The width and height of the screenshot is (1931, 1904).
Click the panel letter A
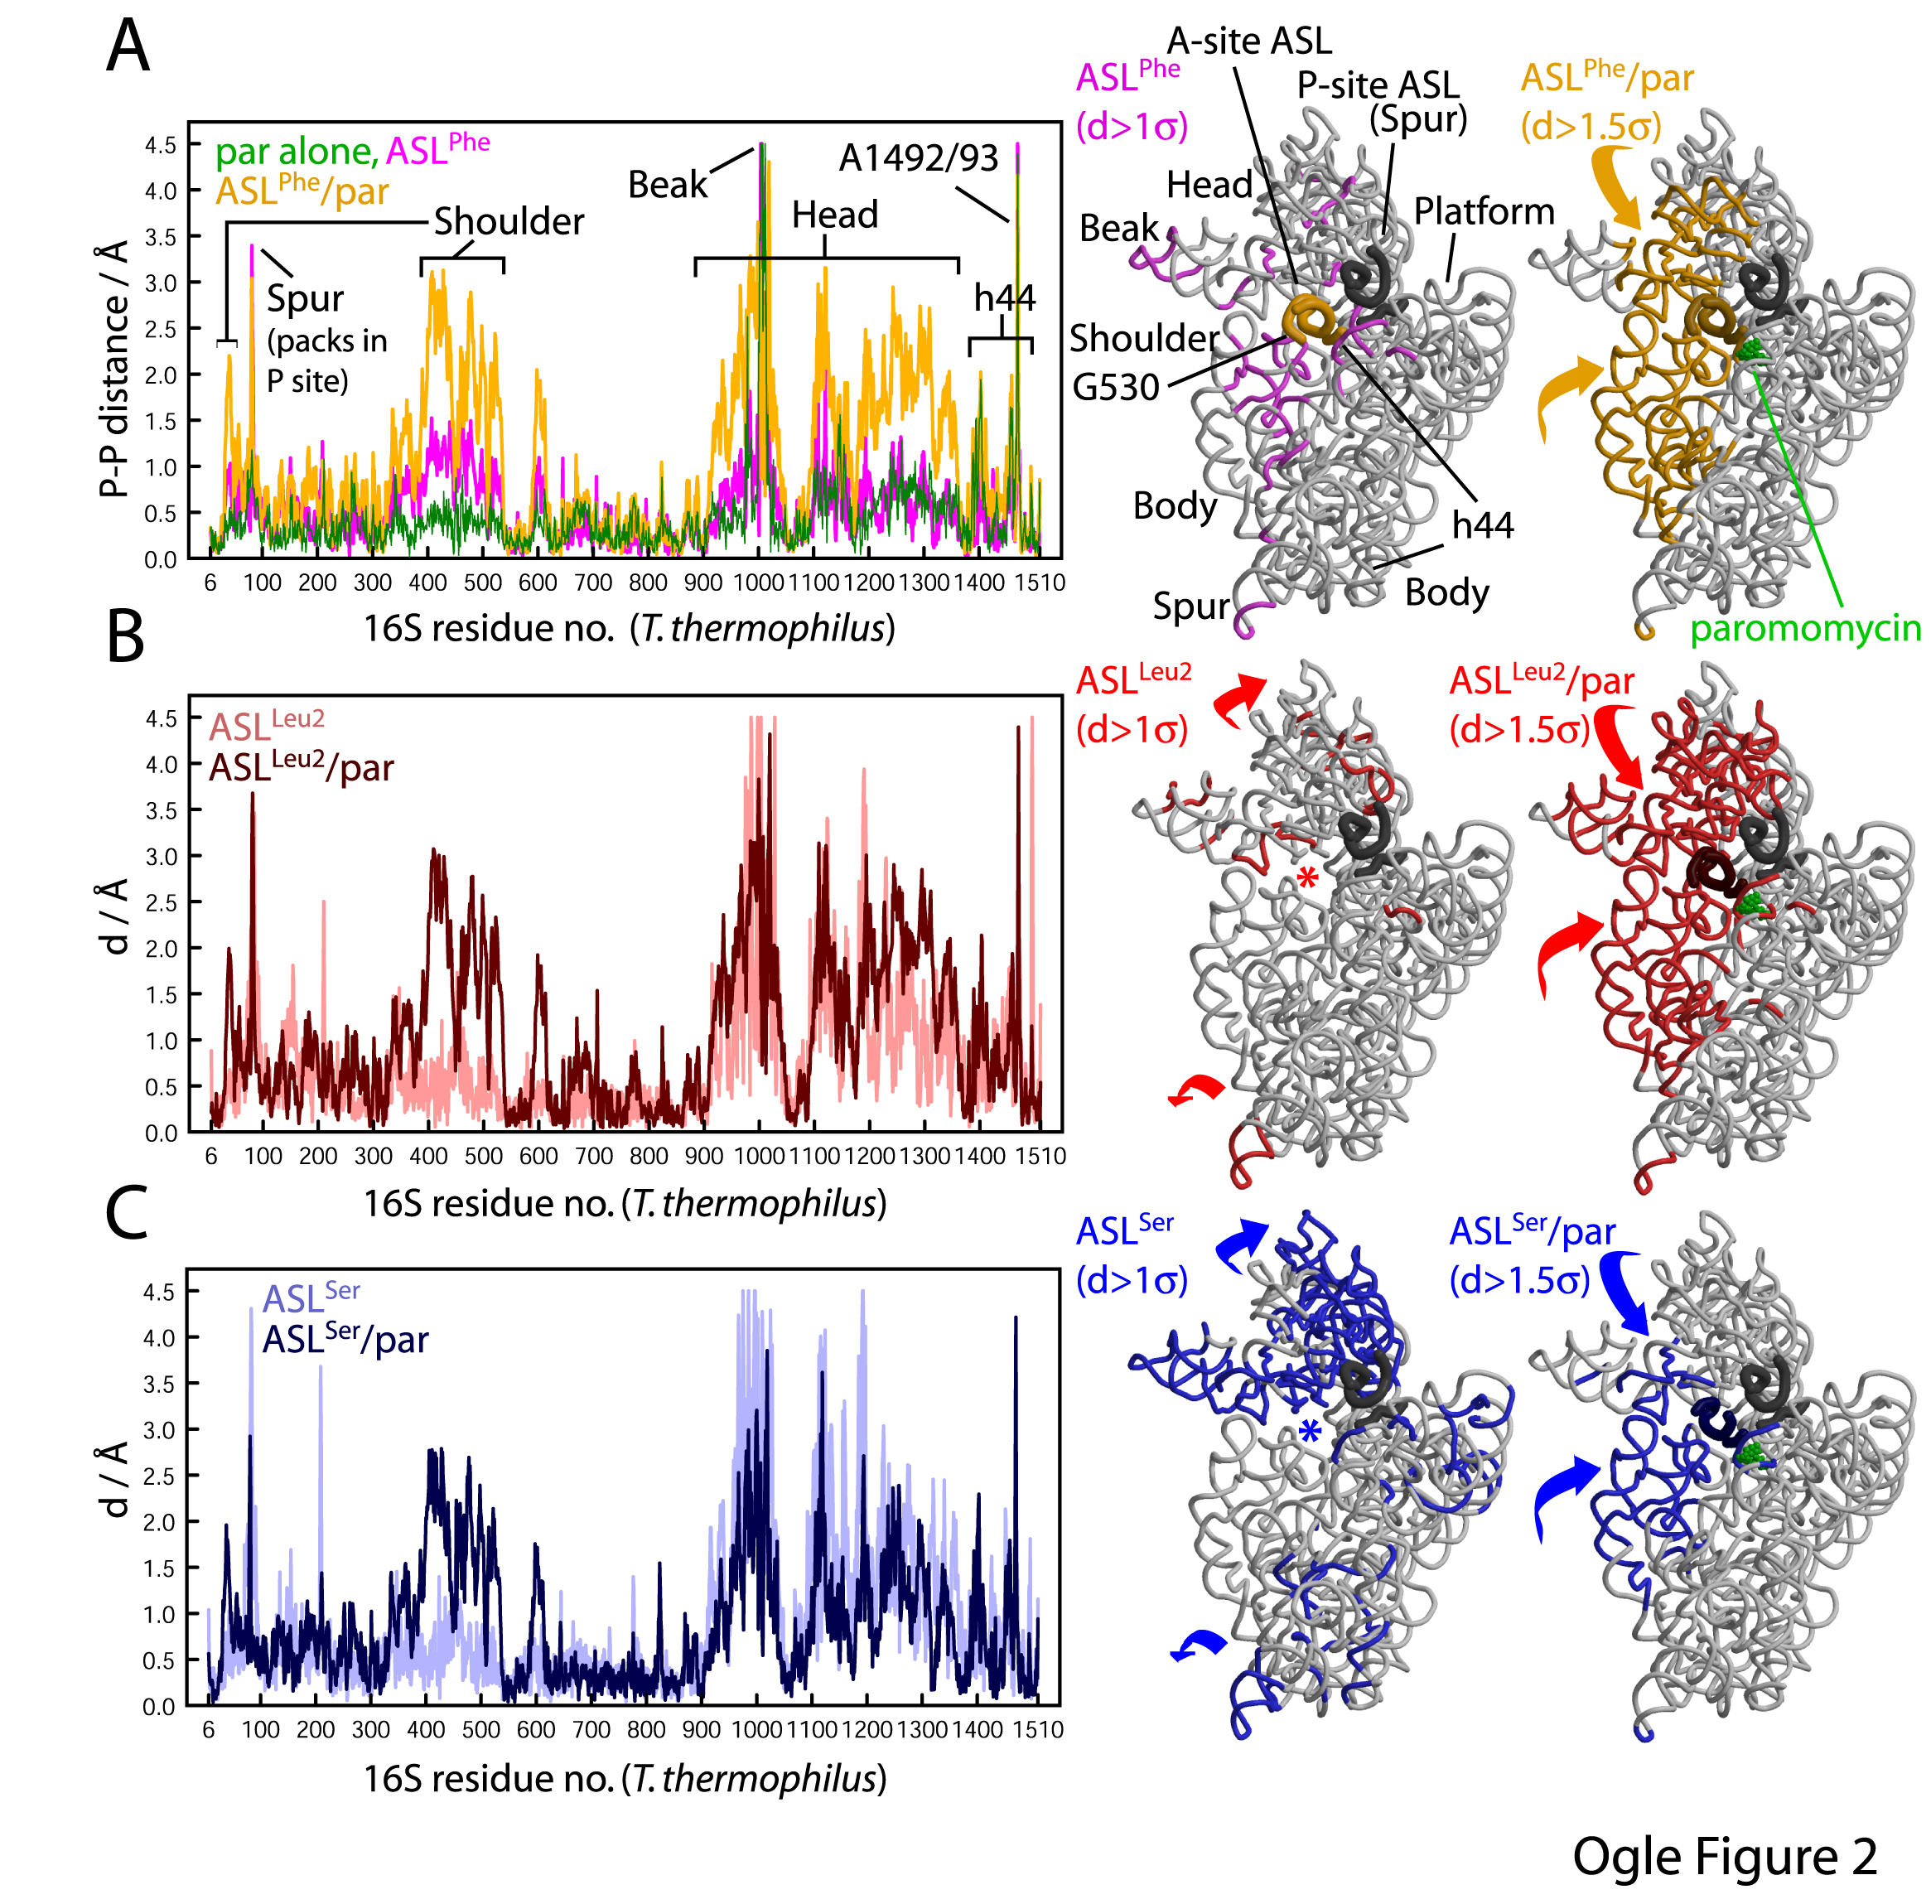(x=128, y=47)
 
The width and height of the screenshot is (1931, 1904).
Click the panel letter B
(x=125, y=638)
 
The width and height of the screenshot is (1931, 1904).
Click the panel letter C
(x=127, y=1212)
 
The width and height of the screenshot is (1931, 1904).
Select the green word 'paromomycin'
(x=1805, y=629)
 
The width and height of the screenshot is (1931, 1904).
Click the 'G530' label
(x=1115, y=387)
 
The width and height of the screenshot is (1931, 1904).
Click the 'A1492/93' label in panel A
(x=918, y=158)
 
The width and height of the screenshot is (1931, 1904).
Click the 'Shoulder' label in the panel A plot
(x=508, y=222)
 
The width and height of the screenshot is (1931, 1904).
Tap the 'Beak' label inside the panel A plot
(x=667, y=185)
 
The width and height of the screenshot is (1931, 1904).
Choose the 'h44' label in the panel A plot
(x=1005, y=297)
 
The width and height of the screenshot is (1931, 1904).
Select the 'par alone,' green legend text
(x=296, y=152)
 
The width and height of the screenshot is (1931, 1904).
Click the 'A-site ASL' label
(x=1248, y=41)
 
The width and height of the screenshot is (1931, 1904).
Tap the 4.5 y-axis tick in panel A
(x=160, y=146)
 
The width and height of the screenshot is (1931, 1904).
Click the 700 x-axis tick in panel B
(x=594, y=1157)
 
